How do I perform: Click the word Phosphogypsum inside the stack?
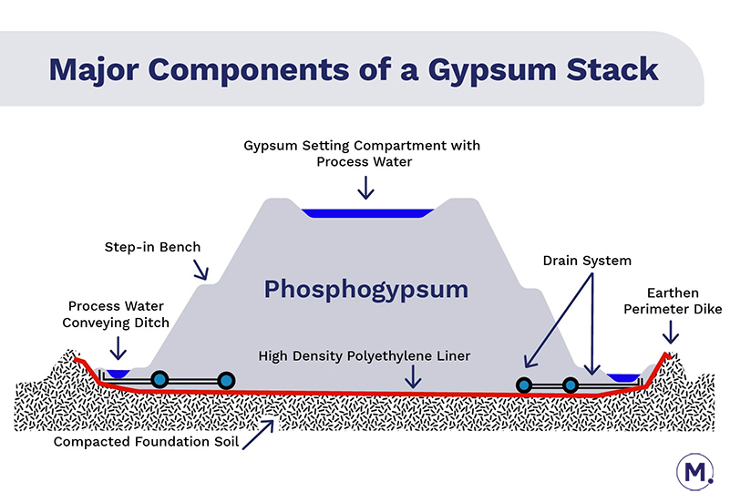point(365,291)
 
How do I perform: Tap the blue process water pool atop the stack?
point(367,213)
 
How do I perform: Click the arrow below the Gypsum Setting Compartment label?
point(365,187)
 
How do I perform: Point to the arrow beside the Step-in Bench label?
point(200,268)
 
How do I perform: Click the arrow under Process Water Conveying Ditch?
point(117,348)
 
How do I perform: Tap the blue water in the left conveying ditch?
point(117,373)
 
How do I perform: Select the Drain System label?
point(587,261)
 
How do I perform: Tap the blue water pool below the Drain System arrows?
point(623,376)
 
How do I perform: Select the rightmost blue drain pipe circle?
point(571,385)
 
